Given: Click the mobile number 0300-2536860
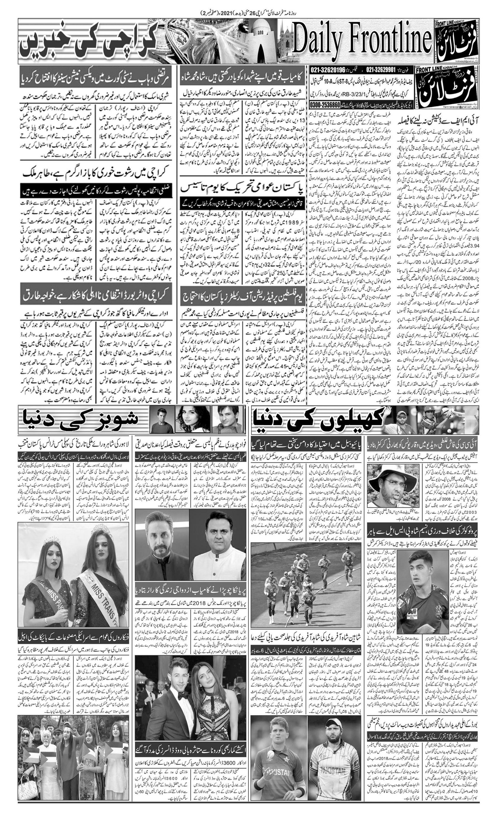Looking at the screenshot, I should [x=325, y=104].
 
